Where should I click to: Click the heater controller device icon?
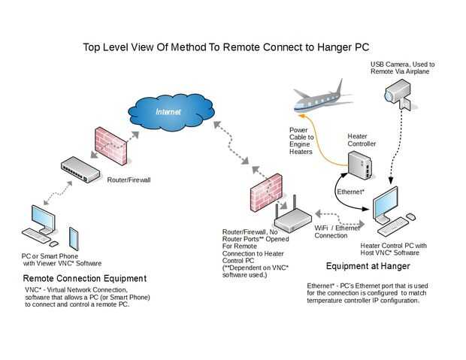tap(359, 165)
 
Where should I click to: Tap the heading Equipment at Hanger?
tap(368, 266)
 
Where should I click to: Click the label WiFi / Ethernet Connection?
tap(337, 231)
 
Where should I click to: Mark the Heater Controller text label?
tap(361, 140)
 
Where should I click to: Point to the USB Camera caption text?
tap(402, 68)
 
